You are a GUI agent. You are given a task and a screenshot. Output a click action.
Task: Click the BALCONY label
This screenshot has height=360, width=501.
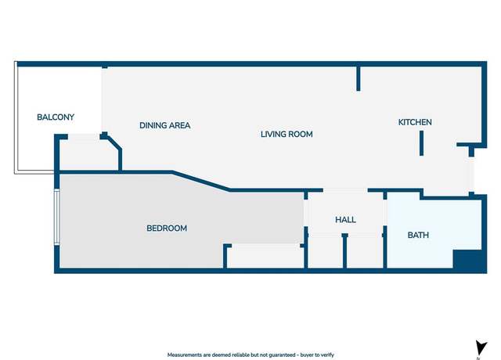(x=56, y=117)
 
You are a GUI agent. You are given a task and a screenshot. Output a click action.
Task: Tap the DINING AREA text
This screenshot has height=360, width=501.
(x=165, y=125)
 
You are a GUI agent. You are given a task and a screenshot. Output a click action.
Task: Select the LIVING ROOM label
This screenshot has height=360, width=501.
(x=287, y=134)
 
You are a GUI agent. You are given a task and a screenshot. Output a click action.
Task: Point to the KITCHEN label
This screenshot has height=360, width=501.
(x=415, y=122)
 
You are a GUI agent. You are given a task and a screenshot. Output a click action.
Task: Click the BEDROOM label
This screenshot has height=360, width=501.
(x=167, y=229)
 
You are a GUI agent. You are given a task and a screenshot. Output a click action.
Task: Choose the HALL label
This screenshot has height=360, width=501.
(x=345, y=220)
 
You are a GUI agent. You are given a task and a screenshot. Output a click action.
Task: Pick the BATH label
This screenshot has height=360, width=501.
(x=418, y=235)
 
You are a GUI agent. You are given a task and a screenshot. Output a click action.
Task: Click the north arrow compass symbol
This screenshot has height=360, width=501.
(x=481, y=348)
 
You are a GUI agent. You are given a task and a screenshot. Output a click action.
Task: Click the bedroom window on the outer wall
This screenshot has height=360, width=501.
(x=56, y=217)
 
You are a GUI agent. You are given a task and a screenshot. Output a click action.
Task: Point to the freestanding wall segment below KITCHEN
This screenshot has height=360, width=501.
(x=421, y=143)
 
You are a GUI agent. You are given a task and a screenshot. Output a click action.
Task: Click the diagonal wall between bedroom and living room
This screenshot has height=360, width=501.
(x=201, y=182)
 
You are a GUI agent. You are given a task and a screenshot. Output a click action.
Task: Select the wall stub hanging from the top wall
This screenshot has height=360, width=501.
(x=359, y=78)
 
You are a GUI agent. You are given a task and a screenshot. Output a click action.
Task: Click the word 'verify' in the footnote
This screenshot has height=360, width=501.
(x=327, y=355)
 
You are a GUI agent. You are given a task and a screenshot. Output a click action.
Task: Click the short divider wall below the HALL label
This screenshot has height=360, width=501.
(x=344, y=251)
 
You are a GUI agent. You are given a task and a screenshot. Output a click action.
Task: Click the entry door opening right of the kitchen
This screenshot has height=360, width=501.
(x=471, y=175)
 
